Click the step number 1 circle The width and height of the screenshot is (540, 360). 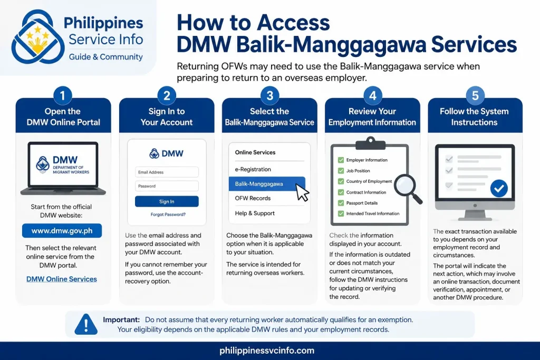coord(63,95)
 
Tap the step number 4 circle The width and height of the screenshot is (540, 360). coord(373,95)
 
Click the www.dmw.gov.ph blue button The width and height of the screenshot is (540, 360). coord(62,230)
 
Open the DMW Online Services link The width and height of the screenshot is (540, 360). coord(62,279)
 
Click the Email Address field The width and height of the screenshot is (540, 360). coord(167,172)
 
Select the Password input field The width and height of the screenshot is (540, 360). coord(167,186)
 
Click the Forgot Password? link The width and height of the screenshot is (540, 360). coord(168,215)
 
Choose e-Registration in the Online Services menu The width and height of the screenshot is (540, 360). coord(253,169)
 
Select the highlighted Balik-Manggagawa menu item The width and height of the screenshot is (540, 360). coord(266,184)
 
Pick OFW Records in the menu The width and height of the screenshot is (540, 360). coord(253,198)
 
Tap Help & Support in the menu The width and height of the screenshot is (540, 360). coord(255,213)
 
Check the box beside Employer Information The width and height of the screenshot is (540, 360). coord(341,160)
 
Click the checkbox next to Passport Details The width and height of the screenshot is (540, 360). coord(341,203)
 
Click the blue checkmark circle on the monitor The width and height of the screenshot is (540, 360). coord(499,188)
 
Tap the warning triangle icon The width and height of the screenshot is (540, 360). coord(86,324)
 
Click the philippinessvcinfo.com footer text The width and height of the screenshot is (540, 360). coord(267,351)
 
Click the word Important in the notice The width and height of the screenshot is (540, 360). coord(121,320)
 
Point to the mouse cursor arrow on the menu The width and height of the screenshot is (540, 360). coord(302,192)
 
